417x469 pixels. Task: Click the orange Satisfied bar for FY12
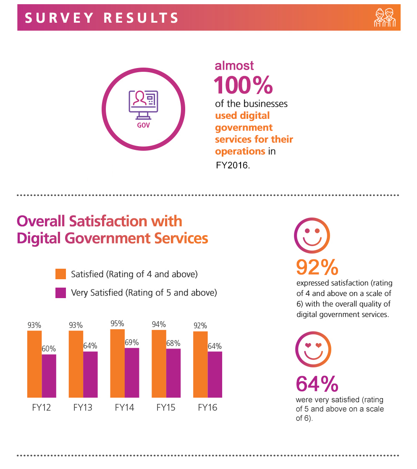coord(34,364)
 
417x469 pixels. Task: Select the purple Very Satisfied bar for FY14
coord(132,372)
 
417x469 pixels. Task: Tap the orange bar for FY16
coord(200,364)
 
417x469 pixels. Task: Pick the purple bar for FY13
coord(90,374)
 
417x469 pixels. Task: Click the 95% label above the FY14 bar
coord(117,324)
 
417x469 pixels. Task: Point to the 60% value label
coord(49,348)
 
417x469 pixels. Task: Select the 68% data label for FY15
coord(173,343)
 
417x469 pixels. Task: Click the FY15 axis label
coord(166,407)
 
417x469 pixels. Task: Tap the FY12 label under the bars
coord(41,407)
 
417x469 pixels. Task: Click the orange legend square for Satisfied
coord(61,274)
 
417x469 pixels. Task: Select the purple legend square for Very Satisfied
coord(61,293)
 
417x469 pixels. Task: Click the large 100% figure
coord(243,85)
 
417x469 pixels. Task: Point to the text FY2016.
coord(233,165)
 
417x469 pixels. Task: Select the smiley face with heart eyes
coord(313,348)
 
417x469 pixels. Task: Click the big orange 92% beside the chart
coord(317,267)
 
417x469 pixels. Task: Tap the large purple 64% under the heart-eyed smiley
coord(317,383)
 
